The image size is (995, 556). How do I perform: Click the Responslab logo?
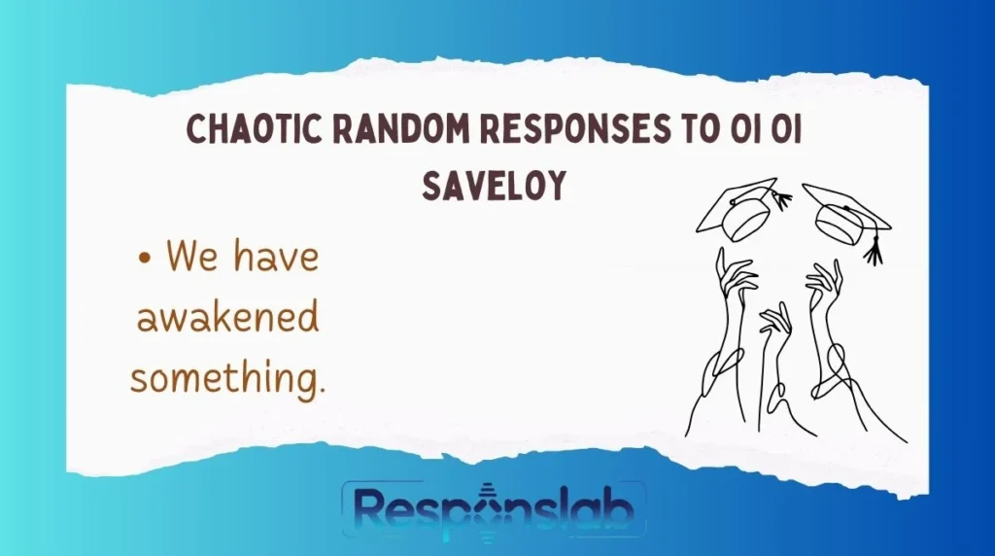(494, 508)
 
